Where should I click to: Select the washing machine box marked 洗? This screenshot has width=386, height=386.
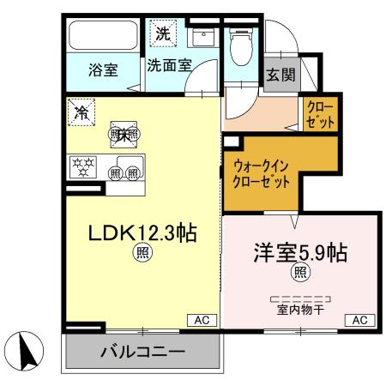[x=162, y=34]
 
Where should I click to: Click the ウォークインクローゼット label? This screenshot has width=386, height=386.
[x=262, y=174]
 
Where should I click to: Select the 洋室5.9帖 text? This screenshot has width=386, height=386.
[x=299, y=253]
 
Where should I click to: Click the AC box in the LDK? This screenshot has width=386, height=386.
[x=202, y=320]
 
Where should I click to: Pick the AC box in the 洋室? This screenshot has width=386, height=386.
[x=359, y=320]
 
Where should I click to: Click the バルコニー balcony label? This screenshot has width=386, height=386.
[x=142, y=352]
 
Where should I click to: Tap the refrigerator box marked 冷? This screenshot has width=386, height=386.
[x=82, y=112]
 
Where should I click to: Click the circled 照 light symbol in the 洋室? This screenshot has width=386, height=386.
[x=300, y=274]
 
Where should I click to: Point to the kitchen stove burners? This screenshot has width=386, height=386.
[x=84, y=165]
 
